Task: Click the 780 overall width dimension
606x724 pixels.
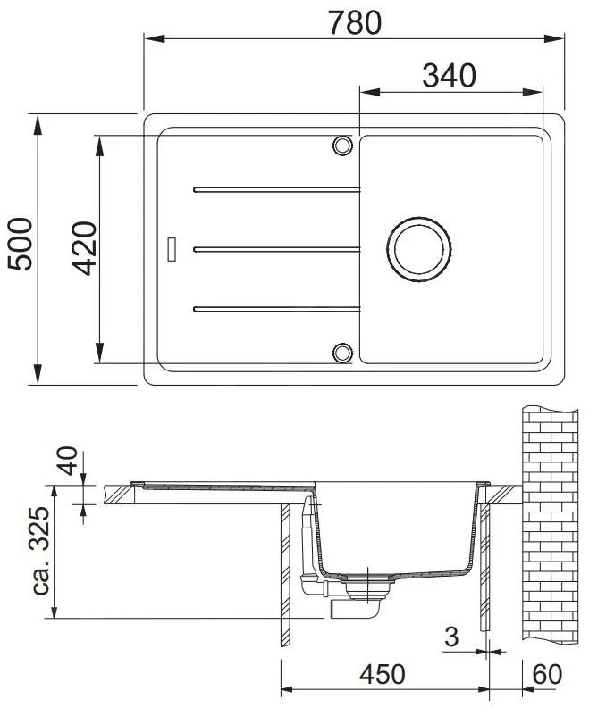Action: (x=355, y=21)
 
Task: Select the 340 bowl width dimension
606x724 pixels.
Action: (x=449, y=76)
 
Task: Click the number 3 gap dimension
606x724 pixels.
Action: (x=450, y=637)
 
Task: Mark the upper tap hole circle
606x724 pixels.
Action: (x=341, y=145)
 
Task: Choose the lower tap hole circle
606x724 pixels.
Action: (x=341, y=352)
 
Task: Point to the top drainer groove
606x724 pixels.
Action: (x=276, y=189)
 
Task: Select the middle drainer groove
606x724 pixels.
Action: (x=276, y=248)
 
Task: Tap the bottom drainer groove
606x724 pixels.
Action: (x=276, y=309)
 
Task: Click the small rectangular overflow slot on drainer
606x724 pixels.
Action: (x=173, y=247)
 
